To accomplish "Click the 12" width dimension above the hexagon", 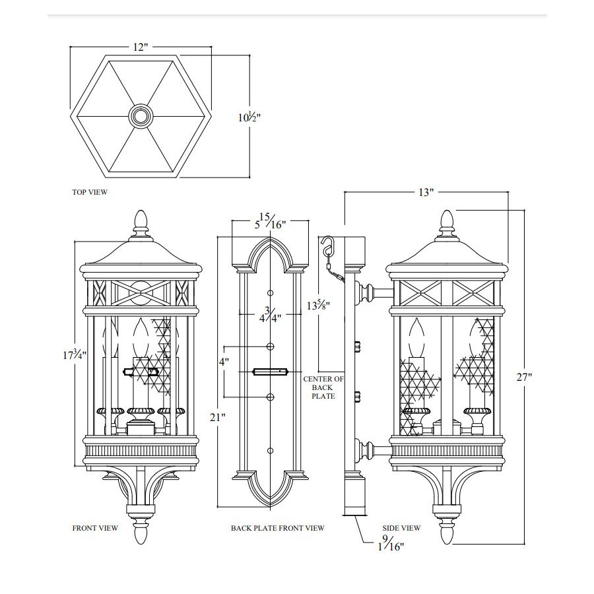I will pyautogui.click(x=140, y=48).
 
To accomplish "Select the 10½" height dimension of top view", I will pyautogui.click(x=249, y=117).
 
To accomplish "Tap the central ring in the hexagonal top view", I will pyautogui.click(x=140, y=117).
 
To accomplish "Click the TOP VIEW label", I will pyautogui.click(x=90, y=193).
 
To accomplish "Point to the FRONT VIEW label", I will pyautogui.click(x=95, y=528).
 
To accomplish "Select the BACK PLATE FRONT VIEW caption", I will pyautogui.click(x=277, y=528).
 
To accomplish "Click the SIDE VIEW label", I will pyautogui.click(x=401, y=528).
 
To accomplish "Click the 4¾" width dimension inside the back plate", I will pyautogui.click(x=269, y=313).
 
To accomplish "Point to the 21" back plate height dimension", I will pyautogui.click(x=218, y=416).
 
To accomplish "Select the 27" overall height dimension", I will pyautogui.click(x=525, y=377).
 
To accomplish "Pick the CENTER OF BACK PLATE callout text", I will pyautogui.click(x=323, y=387).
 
